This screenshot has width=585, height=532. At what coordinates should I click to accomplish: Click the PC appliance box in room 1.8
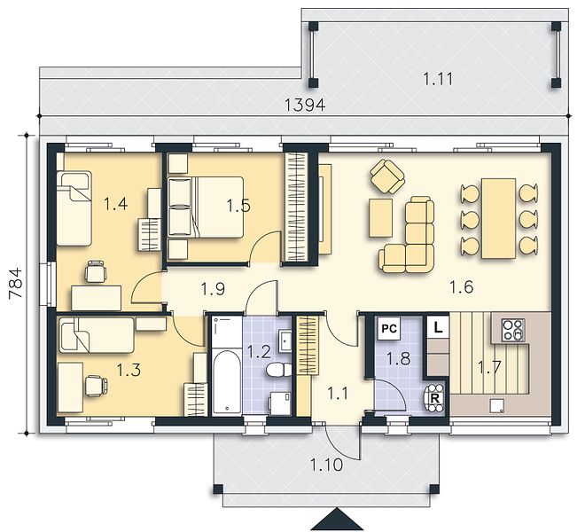pos(389,329)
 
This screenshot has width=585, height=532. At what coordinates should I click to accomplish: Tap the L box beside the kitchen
pos(438,327)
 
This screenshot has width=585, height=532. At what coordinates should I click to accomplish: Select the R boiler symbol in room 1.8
pos(434,398)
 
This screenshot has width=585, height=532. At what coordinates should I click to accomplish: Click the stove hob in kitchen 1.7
pos(513,330)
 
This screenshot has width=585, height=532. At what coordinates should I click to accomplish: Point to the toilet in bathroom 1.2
pos(279,370)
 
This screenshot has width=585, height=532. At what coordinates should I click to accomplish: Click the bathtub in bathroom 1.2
pos(226,382)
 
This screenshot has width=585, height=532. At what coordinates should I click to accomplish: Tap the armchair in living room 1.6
pos(387,176)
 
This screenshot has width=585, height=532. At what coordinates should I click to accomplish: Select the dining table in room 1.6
pos(499,218)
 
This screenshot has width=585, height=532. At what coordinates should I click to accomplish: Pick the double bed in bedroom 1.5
pos(206,207)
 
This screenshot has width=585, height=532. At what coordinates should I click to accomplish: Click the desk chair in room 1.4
pos(96,271)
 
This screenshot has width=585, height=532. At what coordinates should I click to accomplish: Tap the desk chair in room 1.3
pos(97,386)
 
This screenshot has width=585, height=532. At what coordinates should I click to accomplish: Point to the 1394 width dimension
pos(305,106)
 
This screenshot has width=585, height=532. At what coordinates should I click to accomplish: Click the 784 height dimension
pos(16,283)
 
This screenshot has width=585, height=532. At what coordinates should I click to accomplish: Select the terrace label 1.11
pos(438,79)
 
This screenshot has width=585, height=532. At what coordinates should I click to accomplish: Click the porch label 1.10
pos(326,465)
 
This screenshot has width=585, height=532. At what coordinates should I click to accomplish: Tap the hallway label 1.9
pos(213,289)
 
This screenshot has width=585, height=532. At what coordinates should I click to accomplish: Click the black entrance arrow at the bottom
pos(337,520)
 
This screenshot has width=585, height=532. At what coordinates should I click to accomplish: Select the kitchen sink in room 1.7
pos(497,405)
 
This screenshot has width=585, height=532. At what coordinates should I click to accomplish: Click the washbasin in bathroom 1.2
pos(285,340)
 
